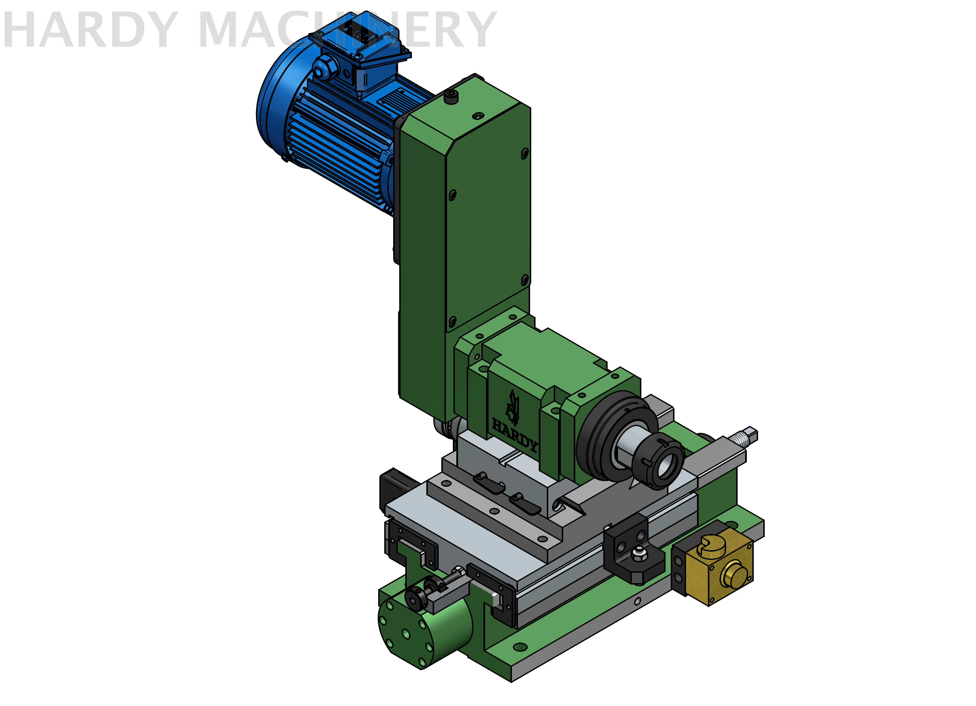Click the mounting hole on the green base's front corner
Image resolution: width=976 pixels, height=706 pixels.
pyautogui.click(x=520, y=647)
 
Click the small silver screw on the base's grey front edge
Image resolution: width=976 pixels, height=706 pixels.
pyautogui.click(x=637, y=601)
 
